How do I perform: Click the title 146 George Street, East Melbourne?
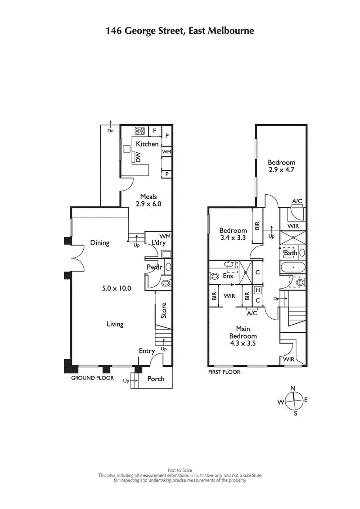180,31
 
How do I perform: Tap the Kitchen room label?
147,144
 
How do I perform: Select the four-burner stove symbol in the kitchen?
140,131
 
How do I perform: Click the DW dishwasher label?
139,157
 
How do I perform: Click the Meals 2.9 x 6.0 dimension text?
148,200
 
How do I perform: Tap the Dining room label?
99,243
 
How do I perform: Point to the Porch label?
156,379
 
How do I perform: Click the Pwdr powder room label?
154,267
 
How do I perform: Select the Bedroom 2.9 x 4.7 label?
281,166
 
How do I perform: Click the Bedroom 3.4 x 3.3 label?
233,234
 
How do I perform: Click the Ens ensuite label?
228,276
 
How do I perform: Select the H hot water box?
258,290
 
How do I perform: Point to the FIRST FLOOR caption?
224,372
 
